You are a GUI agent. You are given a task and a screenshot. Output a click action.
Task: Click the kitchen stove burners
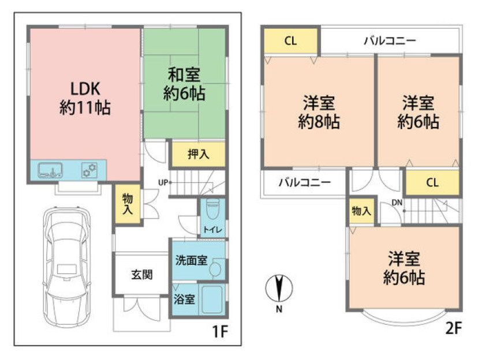pyautogui.click(x=89, y=170)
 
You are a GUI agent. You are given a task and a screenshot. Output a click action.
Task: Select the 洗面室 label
pyautogui.click(x=191, y=260)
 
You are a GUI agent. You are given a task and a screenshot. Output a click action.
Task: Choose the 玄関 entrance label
pyautogui.click(x=141, y=275)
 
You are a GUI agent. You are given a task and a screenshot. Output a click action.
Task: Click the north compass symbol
pyautogui.click(x=278, y=288)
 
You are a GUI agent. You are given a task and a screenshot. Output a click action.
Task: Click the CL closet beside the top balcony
pyautogui.click(x=290, y=41)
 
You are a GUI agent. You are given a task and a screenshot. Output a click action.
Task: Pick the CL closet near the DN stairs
pyautogui.click(x=432, y=183)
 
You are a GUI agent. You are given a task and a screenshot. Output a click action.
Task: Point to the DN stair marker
pyautogui.click(x=397, y=202)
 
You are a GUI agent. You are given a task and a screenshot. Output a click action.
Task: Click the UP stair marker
pyautogui.click(x=163, y=183)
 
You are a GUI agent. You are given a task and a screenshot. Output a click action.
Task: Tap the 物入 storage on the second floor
pyautogui.click(x=361, y=211)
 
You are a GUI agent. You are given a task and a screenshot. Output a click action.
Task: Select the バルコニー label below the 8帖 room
pyautogui.click(x=304, y=183)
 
